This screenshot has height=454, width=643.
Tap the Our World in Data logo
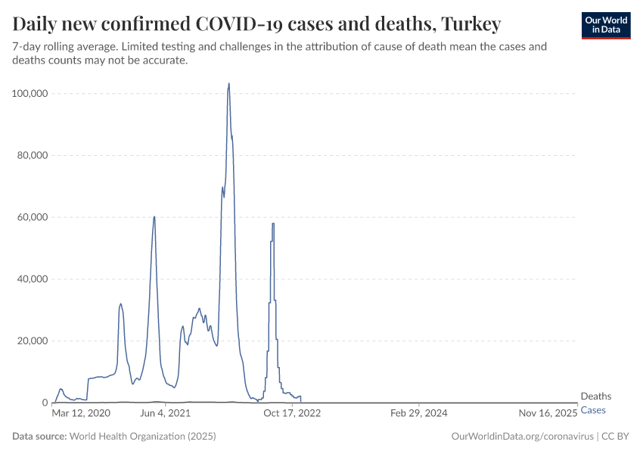click(605, 25)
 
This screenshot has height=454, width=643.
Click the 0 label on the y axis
click(45, 403)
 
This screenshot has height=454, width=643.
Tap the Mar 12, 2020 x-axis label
click(81, 414)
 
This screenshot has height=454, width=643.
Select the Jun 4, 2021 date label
click(165, 414)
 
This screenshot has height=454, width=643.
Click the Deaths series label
click(595, 396)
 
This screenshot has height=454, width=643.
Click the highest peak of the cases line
click(228, 84)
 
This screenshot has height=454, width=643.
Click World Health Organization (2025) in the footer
click(142, 437)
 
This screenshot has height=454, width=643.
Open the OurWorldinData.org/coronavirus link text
click(521, 437)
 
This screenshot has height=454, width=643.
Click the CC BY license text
click(616, 437)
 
